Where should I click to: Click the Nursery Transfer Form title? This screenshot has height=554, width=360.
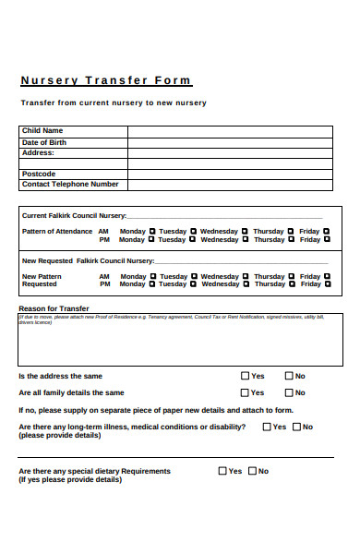105,80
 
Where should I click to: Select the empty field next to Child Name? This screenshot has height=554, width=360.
230,131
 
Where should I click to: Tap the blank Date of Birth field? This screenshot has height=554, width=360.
230,143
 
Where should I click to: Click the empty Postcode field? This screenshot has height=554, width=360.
230,174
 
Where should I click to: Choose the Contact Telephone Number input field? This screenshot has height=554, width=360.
230,185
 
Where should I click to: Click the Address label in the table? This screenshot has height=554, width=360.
39,153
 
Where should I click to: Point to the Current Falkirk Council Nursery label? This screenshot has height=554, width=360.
74,215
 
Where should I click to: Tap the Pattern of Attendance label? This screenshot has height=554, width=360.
57,231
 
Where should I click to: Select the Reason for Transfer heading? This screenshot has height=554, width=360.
54,307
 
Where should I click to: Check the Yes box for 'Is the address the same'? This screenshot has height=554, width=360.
246,376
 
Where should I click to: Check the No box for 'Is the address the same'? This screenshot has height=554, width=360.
289,376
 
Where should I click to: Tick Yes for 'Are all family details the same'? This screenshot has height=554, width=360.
246,392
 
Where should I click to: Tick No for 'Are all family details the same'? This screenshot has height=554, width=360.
289,392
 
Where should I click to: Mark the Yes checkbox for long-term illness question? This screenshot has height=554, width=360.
267,427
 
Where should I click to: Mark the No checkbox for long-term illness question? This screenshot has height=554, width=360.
297,427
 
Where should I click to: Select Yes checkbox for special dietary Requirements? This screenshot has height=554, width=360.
222,471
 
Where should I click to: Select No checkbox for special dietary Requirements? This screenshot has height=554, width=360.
252,471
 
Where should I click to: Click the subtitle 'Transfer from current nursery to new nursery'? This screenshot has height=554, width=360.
114,102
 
